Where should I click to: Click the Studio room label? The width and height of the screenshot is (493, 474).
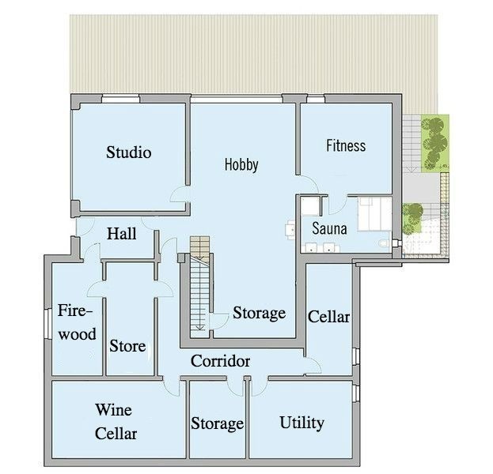click(129, 152)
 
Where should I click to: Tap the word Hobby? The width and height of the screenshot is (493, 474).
click(241, 165)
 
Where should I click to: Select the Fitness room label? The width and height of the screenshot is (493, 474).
click(346, 145)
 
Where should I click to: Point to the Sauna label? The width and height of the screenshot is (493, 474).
click(329, 228)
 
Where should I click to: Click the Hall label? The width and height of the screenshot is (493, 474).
click(122, 234)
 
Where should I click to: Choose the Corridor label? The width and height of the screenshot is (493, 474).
click(221, 361)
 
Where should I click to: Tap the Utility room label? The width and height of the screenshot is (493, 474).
click(301, 423)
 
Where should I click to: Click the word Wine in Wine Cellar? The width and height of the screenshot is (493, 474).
click(113, 410)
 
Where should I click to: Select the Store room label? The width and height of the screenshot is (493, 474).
click(127, 346)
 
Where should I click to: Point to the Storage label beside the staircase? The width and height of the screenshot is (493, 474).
click(259, 313)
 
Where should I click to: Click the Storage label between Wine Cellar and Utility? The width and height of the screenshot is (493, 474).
click(218, 423)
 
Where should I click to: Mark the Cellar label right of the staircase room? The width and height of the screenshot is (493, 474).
click(328, 317)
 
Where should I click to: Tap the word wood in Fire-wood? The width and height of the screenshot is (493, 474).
click(78, 334)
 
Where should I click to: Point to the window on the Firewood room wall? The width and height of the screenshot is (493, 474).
click(48, 324)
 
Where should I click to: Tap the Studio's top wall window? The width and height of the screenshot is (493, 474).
click(121, 99)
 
